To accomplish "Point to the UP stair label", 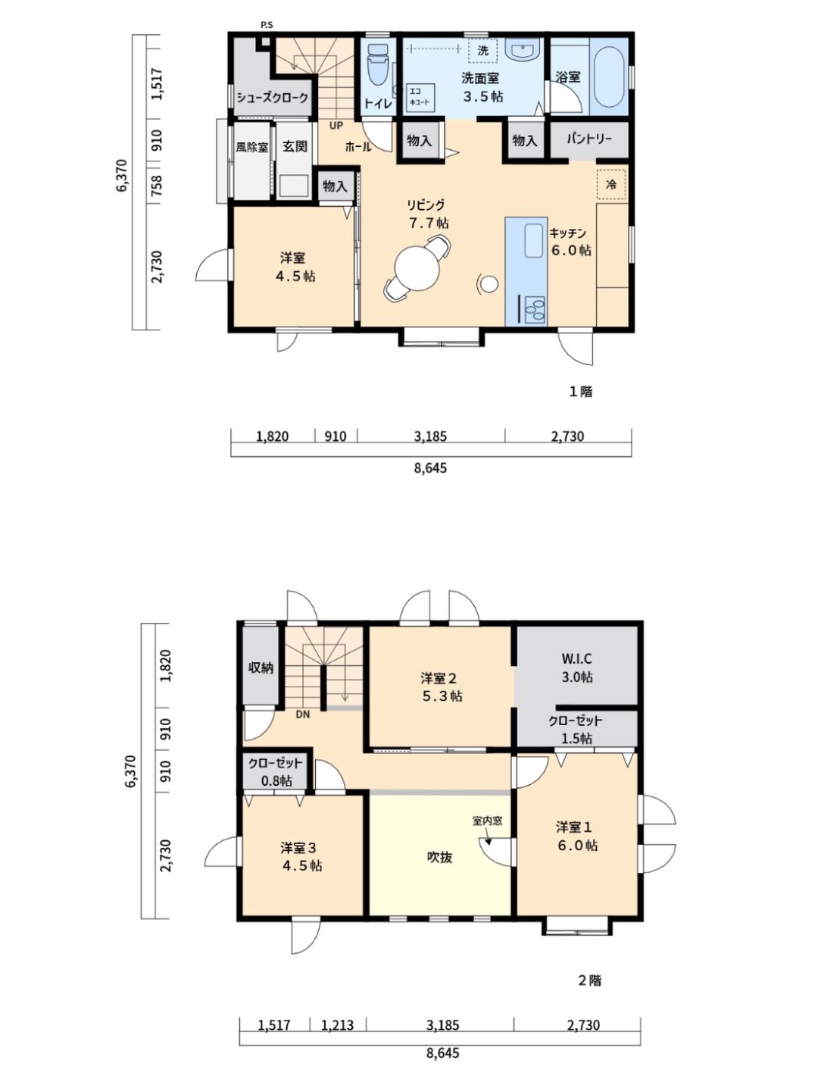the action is pyautogui.click(x=331, y=126).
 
